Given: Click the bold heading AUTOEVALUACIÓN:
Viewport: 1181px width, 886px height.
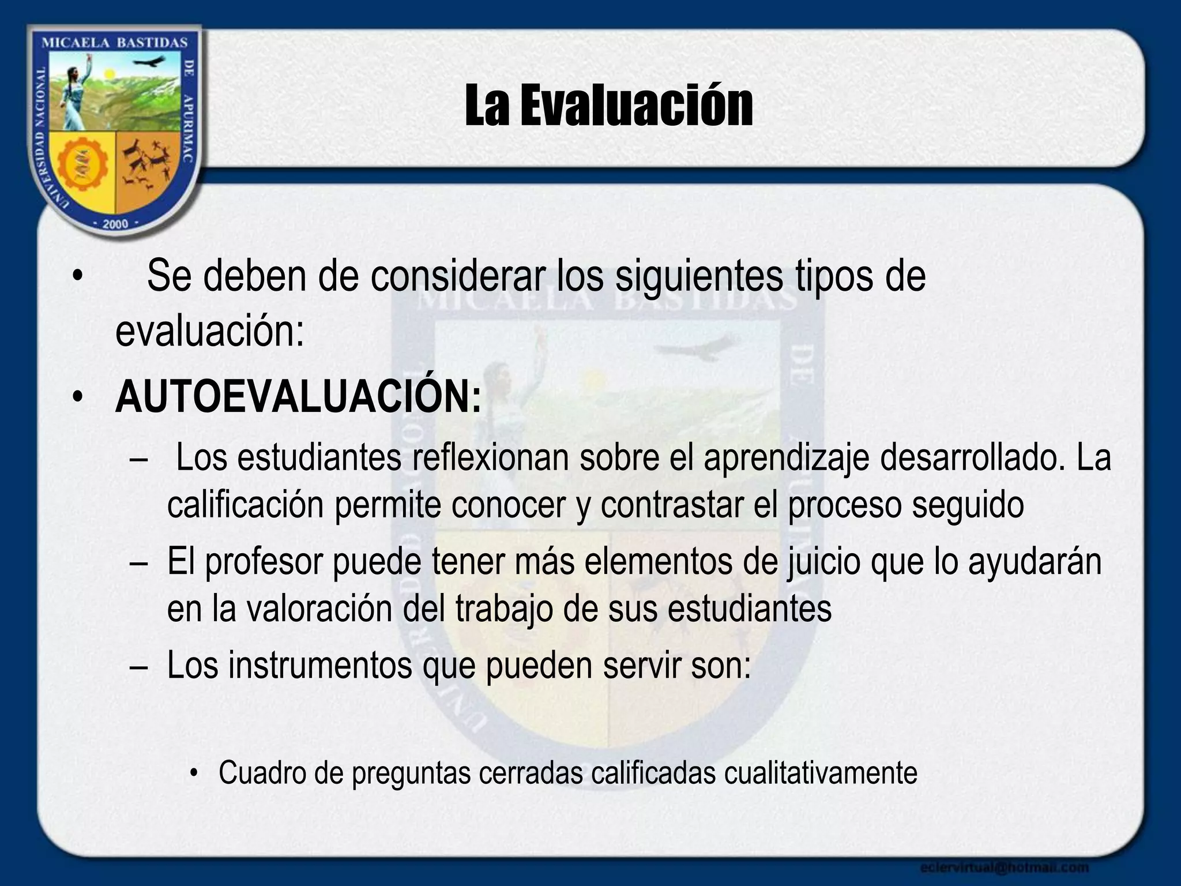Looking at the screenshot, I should click(x=298, y=397).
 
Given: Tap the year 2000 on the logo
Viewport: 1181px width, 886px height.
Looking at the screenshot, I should click(x=115, y=224).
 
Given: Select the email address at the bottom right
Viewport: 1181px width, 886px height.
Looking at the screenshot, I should click(x=1004, y=867).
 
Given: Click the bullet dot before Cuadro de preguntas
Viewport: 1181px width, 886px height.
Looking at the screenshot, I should click(x=194, y=774).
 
